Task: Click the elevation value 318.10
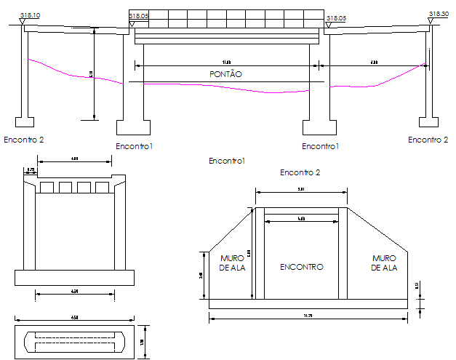(31, 15)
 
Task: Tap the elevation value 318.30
(439, 14)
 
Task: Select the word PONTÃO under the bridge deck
(225, 74)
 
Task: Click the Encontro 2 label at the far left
(24, 139)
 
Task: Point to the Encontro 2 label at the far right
(428, 140)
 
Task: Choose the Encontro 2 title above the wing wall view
(300, 172)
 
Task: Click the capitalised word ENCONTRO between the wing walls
(301, 267)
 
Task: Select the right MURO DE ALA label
(383, 263)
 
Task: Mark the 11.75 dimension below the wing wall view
(308, 314)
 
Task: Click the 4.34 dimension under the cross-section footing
(74, 292)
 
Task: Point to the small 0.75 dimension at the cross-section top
(31, 170)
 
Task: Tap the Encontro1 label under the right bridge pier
(321, 146)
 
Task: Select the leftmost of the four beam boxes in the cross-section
(48, 188)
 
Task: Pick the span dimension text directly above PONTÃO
(226, 63)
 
